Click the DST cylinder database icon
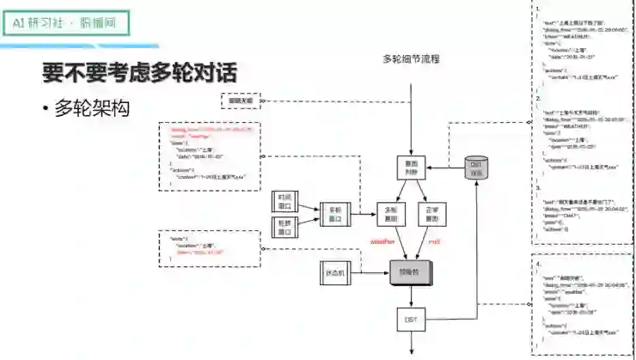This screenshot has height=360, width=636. (476, 169)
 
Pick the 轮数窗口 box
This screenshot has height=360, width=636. (284, 225)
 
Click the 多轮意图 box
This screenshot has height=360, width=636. (392, 213)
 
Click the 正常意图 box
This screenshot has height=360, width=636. (433, 213)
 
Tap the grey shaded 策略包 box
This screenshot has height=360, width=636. (412, 272)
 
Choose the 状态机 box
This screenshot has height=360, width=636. (335, 272)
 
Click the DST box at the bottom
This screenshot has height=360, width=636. (411, 320)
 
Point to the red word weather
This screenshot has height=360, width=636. (382, 243)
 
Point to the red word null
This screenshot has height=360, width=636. (434, 243)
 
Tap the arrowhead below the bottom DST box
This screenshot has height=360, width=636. (412, 351)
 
